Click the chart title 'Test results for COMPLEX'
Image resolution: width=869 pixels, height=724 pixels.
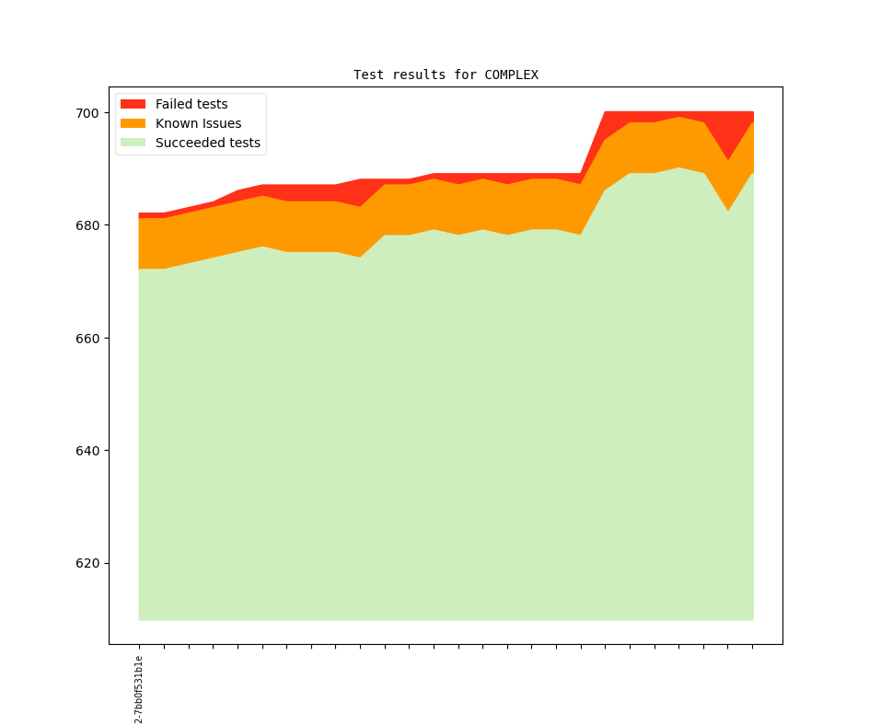[446, 75]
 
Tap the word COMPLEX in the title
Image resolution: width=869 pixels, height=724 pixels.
[511, 75]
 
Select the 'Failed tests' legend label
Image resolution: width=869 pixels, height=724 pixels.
[191, 104]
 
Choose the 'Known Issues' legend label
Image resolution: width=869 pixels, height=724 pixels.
[198, 123]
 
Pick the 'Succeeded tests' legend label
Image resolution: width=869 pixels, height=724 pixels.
[207, 143]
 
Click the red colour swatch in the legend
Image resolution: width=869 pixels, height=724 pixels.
[133, 104]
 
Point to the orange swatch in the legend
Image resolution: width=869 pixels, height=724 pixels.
[133, 123]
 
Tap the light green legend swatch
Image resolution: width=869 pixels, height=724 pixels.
[133, 143]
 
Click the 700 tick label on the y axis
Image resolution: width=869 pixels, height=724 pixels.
[87, 113]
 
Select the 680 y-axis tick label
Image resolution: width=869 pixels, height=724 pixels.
[87, 225]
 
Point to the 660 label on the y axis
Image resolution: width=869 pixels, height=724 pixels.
[87, 339]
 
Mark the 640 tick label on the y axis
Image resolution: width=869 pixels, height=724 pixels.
[87, 451]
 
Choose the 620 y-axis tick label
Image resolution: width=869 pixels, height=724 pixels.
[87, 563]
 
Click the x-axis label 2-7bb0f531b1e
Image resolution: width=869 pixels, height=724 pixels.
[139, 689]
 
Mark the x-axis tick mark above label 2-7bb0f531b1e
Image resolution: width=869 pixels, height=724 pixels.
[139, 647]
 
